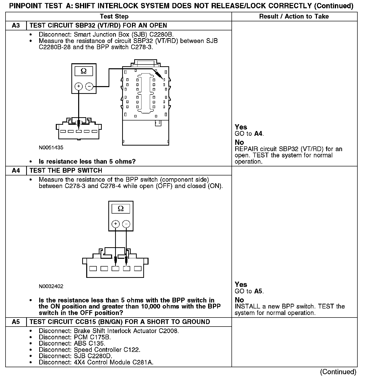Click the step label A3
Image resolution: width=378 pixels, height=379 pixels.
pyautogui.click(x=16, y=26)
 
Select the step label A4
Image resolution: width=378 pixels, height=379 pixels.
pyautogui.click(x=16, y=171)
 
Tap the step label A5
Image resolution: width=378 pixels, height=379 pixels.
pyautogui.click(x=16, y=322)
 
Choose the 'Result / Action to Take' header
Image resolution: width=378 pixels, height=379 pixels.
pyautogui.click(x=294, y=17)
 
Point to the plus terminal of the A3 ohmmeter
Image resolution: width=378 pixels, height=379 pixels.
pyautogui.click(x=79, y=87)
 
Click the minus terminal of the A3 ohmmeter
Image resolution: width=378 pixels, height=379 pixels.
pyautogui.click(x=89, y=87)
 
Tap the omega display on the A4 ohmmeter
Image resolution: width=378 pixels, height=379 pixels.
pyautogui.click(x=121, y=209)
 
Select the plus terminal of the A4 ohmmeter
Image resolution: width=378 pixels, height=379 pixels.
pyautogui.click(x=116, y=224)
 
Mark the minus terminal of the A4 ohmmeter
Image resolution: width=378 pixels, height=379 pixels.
pyautogui.click(x=126, y=224)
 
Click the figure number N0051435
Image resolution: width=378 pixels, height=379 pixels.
pyautogui.click(x=51, y=148)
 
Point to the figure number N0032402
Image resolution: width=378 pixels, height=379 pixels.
pyautogui.click(x=51, y=286)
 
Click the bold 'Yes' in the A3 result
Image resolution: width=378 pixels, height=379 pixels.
pyautogui.click(x=241, y=127)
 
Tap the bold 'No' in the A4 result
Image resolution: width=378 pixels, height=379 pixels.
pyautogui.click(x=239, y=300)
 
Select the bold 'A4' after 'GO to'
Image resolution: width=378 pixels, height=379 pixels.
pyautogui.click(x=258, y=134)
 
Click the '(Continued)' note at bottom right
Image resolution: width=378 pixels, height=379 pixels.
pyautogui.click(x=338, y=372)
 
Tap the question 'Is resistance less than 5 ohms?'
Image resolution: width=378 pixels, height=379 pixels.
pyautogui.click(x=87, y=161)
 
